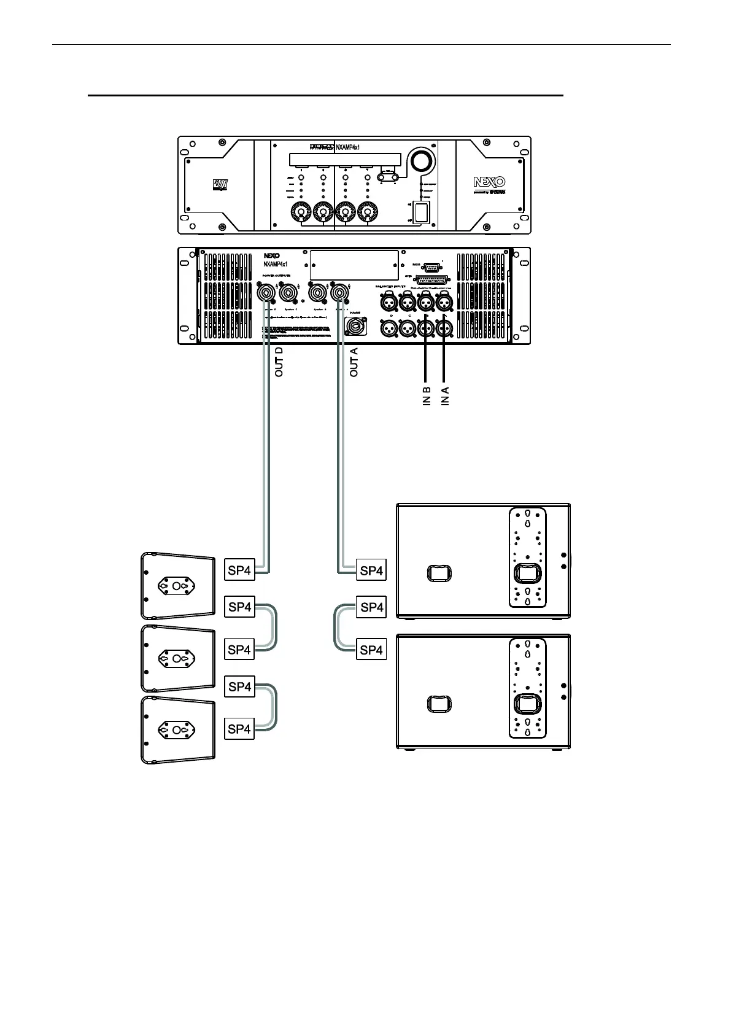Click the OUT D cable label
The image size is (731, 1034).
coord(279,362)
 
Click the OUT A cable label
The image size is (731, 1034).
coord(354,362)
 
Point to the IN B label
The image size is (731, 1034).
coord(427,397)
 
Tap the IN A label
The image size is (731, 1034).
coord(446,397)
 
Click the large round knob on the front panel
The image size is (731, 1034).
coord(421,161)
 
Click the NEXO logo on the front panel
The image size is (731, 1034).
coord(489,182)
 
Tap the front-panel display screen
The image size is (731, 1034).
coord(345,160)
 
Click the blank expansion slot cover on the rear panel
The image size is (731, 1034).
coord(354,265)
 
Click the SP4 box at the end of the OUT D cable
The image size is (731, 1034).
coord(239,570)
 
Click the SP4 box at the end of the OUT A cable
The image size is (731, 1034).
coord(372,570)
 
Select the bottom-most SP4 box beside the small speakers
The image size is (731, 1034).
coord(239,729)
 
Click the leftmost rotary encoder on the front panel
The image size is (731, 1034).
coord(301,212)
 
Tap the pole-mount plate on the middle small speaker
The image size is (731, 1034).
coord(177,659)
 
